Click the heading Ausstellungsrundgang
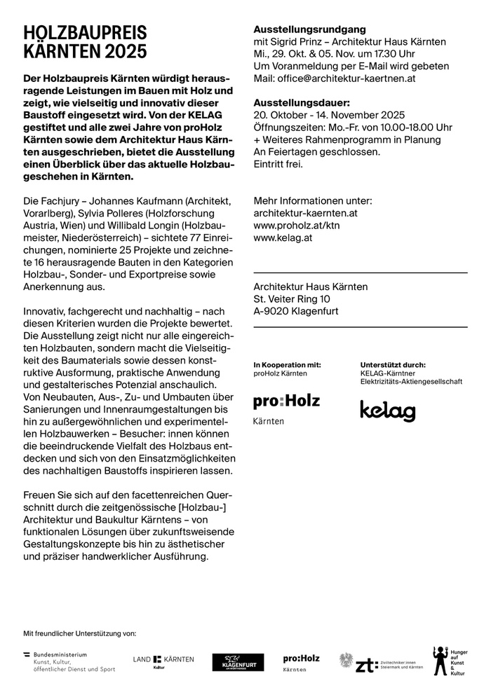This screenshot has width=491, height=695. pyautogui.click(x=309, y=30)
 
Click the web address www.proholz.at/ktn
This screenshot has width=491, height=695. pyautogui.click(x=297, y=225)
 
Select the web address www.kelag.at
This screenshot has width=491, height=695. pyautogui.click(x=283, y=238)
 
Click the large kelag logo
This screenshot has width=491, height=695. pyautogui.click(x=387, y=411)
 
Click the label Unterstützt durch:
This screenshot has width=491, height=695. pyautogui.click(x=392, y=364)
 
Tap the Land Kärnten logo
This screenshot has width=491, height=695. pyautogui.click(x=163, y=660)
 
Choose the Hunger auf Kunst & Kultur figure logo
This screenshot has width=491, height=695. pyautogui.click(x=448, y=661)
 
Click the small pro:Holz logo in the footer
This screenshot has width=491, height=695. pyautogui.click(x=301, y=661)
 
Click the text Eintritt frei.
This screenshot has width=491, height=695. pyautogui.click(x=278, y=164)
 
